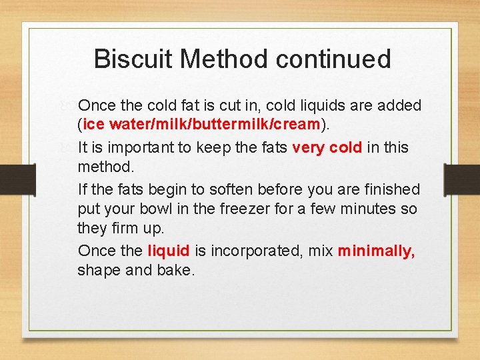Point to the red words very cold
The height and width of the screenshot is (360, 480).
pyautogui.click(x=327, y=147)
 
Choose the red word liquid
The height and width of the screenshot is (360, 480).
pyautogui.click(x=168, y=251)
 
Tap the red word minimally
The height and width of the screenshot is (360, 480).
pyautogui.click(x=376, y=251)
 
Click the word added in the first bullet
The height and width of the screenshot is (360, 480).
pyautogui.click(x=400, y=105)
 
